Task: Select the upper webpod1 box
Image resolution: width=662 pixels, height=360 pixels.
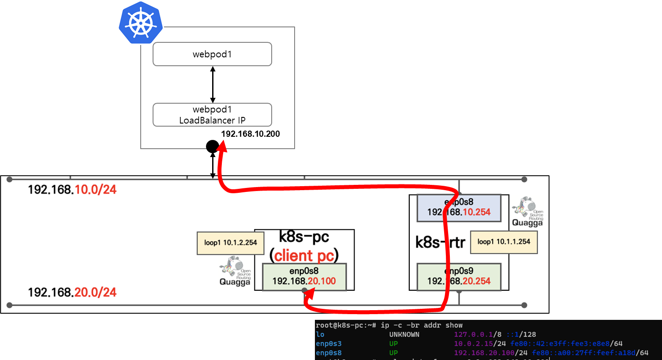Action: pos(212,54)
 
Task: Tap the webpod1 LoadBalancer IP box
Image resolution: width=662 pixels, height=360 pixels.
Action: pos(212,115)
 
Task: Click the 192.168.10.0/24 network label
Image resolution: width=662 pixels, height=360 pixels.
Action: pos(72,190)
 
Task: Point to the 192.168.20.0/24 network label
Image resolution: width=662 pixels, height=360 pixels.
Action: pos(72,292)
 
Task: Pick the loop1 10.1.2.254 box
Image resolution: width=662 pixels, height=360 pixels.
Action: pos(230,243)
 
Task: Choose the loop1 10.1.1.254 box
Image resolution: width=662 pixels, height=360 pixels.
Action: pos(504,242)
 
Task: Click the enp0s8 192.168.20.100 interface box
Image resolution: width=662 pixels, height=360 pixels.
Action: pos(304,277)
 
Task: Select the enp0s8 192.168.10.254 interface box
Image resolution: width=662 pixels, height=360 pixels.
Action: pos(459,207)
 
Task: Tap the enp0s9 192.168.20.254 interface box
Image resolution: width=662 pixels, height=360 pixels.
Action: pos(459,277)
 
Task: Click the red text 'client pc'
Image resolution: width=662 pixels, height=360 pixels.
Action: pos(304,255)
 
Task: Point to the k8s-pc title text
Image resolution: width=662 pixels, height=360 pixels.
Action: pos(304,237)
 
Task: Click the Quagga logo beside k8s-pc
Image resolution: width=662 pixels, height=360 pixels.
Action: pos(235,272)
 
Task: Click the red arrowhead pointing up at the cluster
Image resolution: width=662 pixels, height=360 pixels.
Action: pos(222,147)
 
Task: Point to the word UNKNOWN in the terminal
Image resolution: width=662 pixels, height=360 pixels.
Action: pos(404,334)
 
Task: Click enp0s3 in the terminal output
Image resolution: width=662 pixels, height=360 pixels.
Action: pos(329,344)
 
